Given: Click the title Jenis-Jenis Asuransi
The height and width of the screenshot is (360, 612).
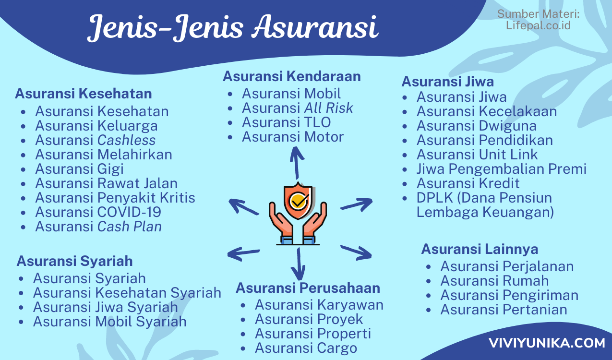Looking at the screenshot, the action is click(233, 27).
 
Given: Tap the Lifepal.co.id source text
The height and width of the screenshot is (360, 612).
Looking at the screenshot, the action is click(538, 25).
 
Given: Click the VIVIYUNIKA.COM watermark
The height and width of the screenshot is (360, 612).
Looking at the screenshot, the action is click(547, 343).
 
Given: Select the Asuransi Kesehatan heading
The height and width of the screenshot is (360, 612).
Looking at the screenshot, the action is click(84, 94).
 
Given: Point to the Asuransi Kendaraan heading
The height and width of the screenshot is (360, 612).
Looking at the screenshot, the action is click(291, 76).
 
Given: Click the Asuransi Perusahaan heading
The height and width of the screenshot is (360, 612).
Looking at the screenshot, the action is click(308, 288).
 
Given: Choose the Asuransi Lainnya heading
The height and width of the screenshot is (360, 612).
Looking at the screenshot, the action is click(480, 249).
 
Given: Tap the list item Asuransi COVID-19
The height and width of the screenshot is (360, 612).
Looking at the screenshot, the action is click(98, 212).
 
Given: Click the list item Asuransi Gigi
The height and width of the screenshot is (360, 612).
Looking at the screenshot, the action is click(80, 169).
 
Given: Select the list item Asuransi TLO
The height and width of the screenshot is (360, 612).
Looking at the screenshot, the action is click(287, 122).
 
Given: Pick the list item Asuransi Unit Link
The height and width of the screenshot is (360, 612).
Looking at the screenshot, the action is click(477, 155).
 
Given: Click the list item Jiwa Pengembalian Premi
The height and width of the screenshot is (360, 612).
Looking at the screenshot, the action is click(502, 169).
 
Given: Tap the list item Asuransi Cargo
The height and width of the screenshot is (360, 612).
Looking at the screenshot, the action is click(306, 348).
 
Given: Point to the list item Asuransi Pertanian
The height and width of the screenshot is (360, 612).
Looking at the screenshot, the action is click(504, 310).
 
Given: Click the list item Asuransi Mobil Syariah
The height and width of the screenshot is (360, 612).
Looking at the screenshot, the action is click(110, 322).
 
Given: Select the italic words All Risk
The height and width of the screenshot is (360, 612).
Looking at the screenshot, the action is click(329, 108).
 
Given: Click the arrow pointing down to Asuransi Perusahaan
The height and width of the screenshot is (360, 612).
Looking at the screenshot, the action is click(299, 264).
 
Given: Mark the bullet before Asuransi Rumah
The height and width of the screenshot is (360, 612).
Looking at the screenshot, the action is click(428, 281).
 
